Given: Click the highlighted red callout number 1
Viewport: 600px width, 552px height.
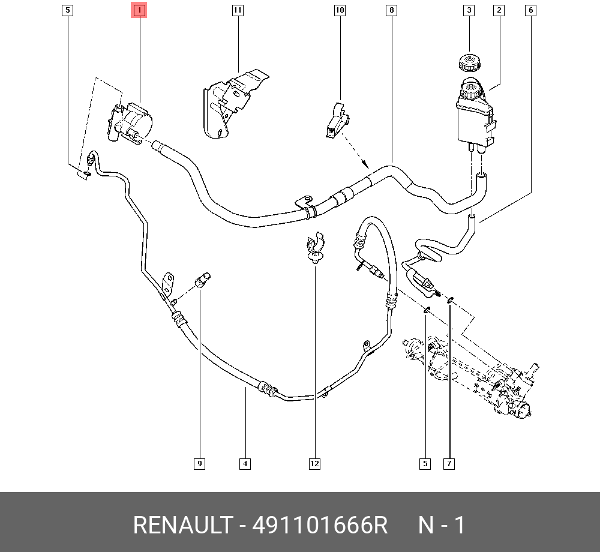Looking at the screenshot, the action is tap(139, 10).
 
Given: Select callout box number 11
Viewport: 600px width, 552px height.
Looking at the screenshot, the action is tap(238, 10).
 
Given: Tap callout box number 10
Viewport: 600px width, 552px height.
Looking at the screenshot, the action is tap(340, 10).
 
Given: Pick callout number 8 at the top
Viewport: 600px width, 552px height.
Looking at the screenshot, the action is tap(391, 10).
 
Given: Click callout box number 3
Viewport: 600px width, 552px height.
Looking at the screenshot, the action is tap(469, 10).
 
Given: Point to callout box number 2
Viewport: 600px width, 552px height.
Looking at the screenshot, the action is tap(499, 10).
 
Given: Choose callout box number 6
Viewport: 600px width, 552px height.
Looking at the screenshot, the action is tap(531, 10).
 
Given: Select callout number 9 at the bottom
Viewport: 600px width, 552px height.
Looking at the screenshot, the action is tap(199, 464).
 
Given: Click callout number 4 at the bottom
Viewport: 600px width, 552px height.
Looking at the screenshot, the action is tap(245, 464).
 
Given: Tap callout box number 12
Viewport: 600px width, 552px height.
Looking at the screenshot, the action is tap(314, 464).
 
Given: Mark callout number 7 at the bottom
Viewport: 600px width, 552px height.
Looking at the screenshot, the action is tap(449, 464).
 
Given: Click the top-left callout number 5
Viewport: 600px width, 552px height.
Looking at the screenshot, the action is tap(68, 10).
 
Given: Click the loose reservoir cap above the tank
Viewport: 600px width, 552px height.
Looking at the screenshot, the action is tap(469, 63).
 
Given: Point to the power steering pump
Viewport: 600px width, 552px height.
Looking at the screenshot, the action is tap(130, 122).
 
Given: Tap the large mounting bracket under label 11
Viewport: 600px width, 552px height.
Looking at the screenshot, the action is tap(233, 103).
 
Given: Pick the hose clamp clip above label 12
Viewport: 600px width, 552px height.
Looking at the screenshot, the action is tap(316, 248).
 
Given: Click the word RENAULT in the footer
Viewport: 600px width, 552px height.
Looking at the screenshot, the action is tap(183, 525).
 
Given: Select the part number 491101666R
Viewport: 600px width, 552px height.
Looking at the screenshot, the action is tap(320, 525).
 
